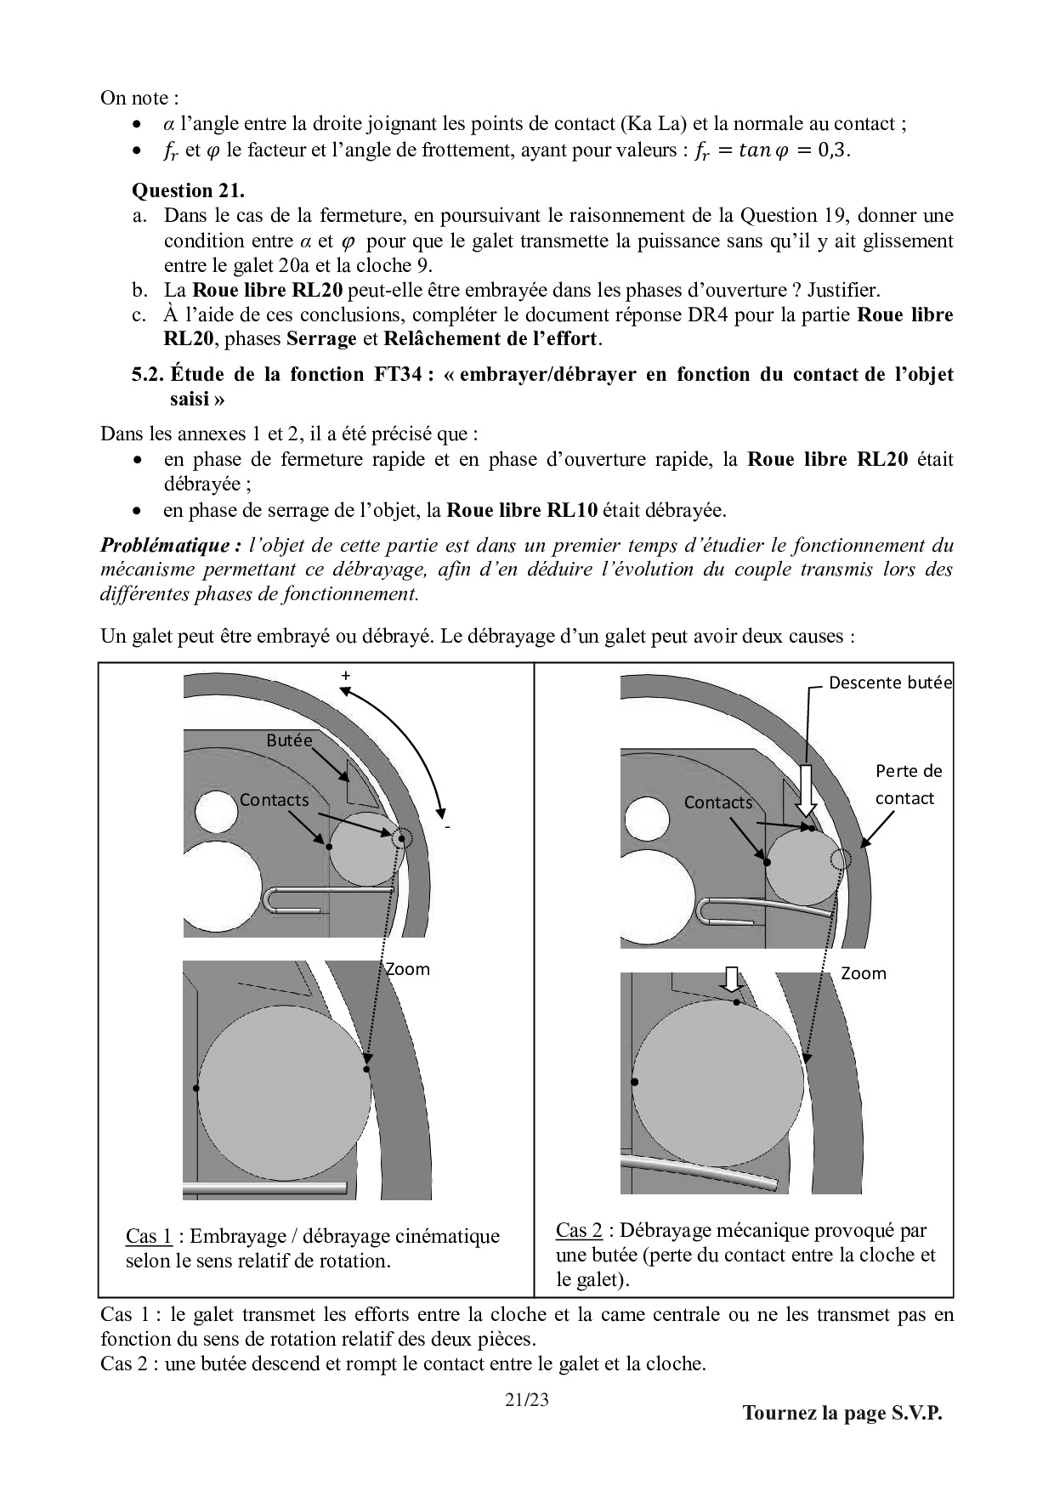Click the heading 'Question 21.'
[188, 190]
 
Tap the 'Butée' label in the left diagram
[289, 740]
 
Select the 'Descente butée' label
[890, 683]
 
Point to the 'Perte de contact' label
[908, 784]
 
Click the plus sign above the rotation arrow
[345, 676]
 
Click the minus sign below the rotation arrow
[446, 825]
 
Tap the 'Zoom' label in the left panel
[408, 969]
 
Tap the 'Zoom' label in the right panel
[863, 973]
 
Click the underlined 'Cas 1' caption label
[149, 1236]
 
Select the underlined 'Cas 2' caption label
[579, 1230]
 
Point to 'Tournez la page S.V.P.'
[842, 1413]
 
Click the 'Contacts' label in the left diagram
[274, 800]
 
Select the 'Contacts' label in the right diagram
[718, 802]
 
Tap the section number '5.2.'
[148, 375]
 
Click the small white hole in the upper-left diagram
[216, 811]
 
